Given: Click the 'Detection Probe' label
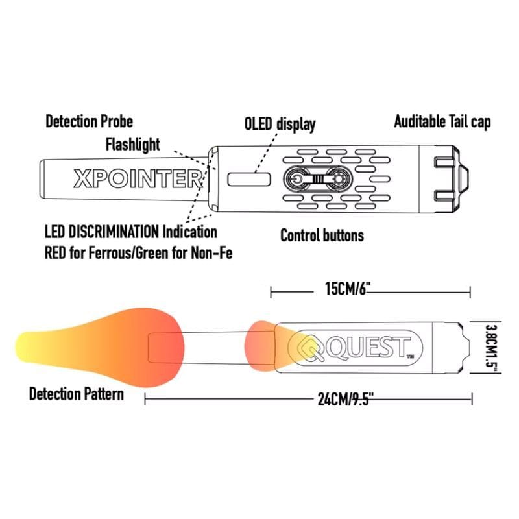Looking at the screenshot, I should point(89,121).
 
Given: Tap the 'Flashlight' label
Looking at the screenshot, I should point(132,143).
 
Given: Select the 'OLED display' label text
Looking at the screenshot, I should point(280,124).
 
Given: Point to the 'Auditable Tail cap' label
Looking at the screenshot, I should point(442,121).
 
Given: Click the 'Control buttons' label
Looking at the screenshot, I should point(322,235).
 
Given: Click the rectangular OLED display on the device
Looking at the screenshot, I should point(249,179).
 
